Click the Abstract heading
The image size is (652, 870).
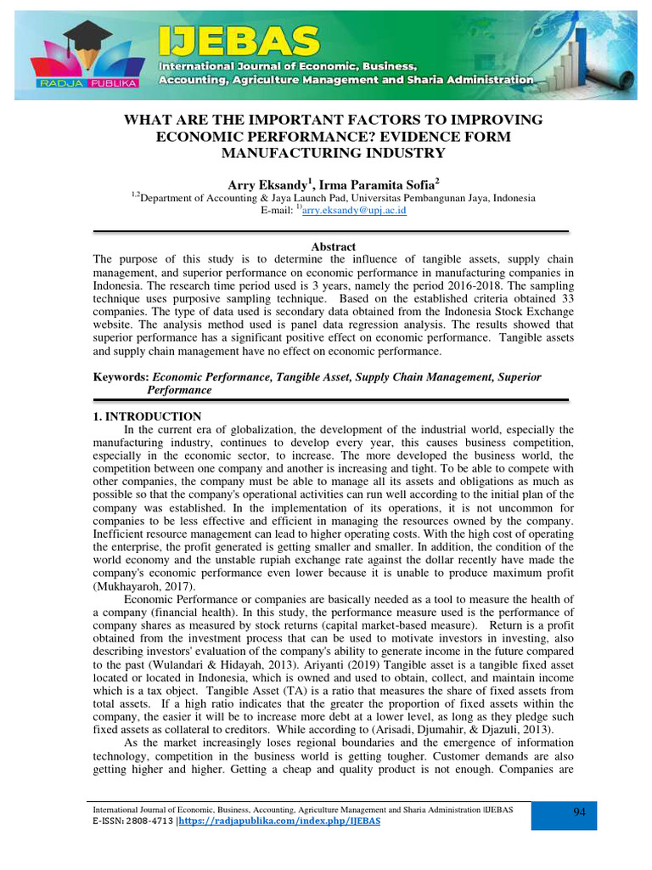tap(333, 246)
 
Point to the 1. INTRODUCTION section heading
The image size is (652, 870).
tap(146, 416)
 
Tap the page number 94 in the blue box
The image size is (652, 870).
tap(580, 813)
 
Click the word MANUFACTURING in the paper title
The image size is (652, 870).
tap(277, 153)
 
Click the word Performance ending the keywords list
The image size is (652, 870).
tap(179, 390)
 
